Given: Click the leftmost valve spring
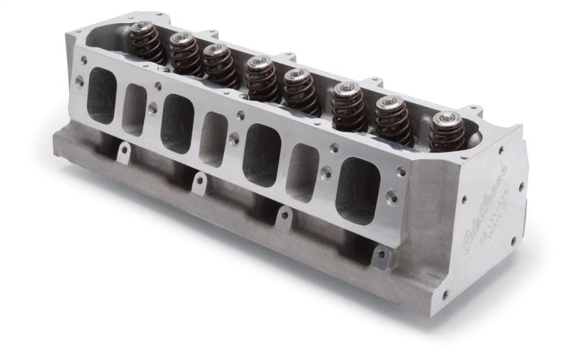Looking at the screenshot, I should tap(148, 42).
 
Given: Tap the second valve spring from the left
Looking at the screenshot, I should tap(186, 53).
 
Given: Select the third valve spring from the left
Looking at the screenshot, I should tap(220, 65).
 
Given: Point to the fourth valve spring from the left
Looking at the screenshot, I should tap(261, 78).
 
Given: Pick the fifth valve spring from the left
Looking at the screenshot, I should tap(300, 91).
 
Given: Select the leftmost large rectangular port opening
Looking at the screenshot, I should tap(102, 96).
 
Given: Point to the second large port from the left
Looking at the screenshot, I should tap(177, 123).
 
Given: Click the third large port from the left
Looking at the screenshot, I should tap(261, 154).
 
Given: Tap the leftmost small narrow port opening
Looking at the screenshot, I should tap(135, 109).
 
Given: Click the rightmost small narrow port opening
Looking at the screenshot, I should tap(303, 172).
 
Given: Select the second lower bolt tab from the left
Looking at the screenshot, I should tap(199, 182).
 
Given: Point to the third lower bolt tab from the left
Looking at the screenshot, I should tap(285, 216).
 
